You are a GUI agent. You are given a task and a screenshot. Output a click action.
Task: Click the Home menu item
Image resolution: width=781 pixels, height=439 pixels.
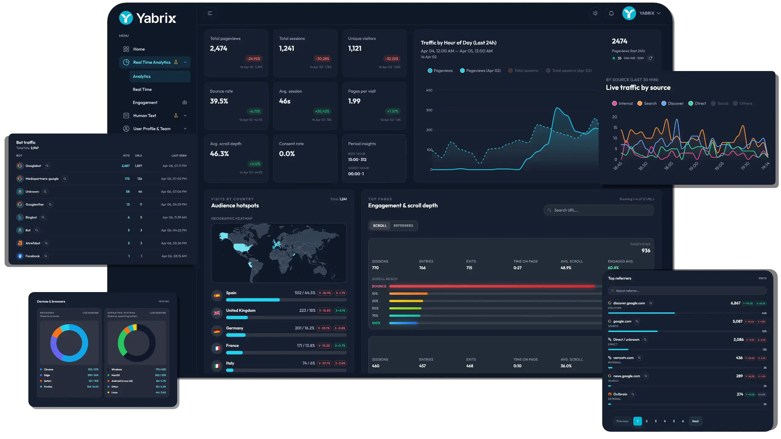(x=139, y=49)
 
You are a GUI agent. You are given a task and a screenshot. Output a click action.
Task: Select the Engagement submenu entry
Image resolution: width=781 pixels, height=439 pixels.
(x=145, y=102)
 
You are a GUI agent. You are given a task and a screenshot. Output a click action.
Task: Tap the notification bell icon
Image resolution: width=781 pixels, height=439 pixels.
(x=611, y=13)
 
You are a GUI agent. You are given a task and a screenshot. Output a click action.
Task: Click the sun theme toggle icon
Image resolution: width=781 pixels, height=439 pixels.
(x=595, y=13)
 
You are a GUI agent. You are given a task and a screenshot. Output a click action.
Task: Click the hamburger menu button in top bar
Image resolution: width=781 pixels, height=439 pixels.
(x=210, y=13)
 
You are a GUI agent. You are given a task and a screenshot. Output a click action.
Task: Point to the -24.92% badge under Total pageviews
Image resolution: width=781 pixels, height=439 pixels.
(x=254, y=59)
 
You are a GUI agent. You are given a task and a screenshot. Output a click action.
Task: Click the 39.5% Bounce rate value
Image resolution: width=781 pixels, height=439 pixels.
(x=219, y=101)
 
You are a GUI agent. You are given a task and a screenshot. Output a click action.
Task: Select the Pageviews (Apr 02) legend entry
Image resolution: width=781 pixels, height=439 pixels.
(x=483, y=70)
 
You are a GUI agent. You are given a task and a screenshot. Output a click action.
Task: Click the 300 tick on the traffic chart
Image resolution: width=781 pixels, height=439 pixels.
(x=429, y=110)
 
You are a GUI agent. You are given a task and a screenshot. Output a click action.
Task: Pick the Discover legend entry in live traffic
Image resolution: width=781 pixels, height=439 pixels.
(x=675, y=103)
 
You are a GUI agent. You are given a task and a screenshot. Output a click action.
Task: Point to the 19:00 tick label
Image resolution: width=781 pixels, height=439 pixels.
(x=693, y=166)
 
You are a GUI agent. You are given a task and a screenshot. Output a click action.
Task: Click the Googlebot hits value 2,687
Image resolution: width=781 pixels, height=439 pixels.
(x=125, y=166)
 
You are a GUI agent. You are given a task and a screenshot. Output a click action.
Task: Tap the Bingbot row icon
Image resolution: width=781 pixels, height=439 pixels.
(x=20, y=217)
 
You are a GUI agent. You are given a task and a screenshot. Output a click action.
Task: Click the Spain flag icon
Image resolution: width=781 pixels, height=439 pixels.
(x=217, y=295)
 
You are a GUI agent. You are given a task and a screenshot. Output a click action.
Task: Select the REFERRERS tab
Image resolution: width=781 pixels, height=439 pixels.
(x=403, y=226)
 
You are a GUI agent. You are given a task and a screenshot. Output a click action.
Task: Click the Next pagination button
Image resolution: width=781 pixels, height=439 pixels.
(x=695, y=421)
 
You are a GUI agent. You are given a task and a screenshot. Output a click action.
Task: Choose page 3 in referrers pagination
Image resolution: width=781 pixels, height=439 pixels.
(x=656, y=421)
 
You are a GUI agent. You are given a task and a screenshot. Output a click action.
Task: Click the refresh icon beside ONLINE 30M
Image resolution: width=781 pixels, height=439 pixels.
(x=651, y=58)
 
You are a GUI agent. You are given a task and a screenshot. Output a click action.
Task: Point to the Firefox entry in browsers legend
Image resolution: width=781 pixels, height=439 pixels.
(x=48, y=387)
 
